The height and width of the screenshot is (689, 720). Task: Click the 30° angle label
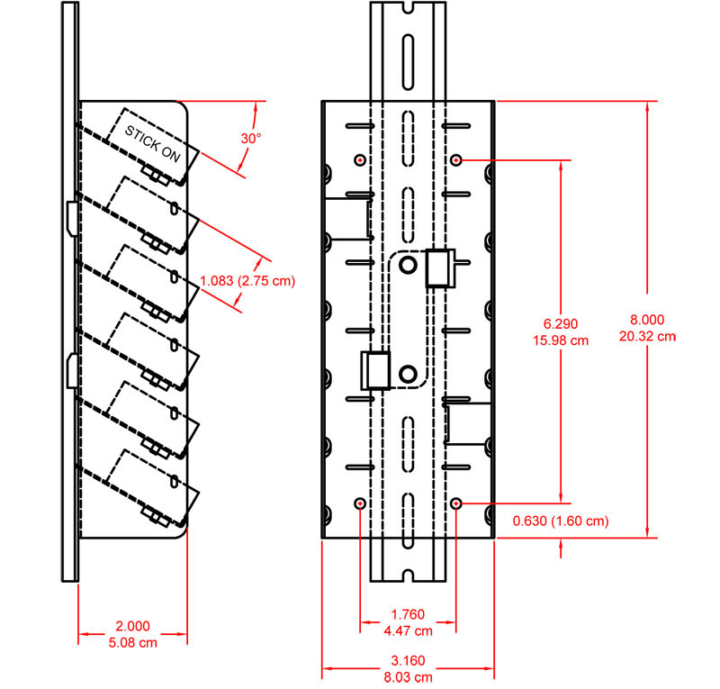[x=250, y=139]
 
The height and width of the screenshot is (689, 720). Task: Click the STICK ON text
[x=151, y=143]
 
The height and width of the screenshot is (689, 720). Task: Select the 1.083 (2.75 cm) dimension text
[x=247, y=280]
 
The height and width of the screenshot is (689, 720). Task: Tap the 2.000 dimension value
[x=132, y=626]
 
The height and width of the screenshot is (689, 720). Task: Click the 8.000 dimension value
[x=647, y=319]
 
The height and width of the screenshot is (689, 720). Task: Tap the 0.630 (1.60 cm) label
[x=560, y=521]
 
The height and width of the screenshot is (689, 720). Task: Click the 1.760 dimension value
[x=408, y=615]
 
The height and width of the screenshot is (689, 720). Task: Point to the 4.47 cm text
[x=408, y=630]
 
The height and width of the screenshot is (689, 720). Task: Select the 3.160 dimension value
[x=408, y=660]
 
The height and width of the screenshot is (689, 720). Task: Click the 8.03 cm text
[x=408, y=675]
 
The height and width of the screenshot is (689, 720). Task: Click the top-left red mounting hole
[x=360, y=159]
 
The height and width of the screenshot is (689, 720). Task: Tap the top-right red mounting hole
[x=457, y=159]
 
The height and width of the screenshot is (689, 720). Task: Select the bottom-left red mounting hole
[x=360, y=503]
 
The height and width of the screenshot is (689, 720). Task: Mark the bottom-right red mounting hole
[x=457, y=503]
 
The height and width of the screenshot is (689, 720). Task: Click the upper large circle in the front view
[x=409, y=263]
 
